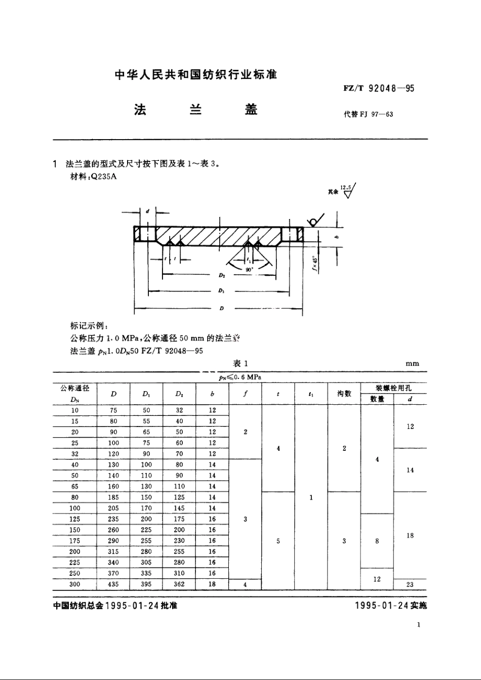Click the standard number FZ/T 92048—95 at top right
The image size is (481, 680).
click(x=379, y=89)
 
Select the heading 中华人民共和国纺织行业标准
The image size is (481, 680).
click(x=196, y=75)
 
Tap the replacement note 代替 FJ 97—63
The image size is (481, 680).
click(x=368, y=114)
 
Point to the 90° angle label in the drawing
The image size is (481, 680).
click(x=249, y=270)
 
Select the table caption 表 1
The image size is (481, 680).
click(x=240, y=363)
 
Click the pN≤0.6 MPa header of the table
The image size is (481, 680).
click(x=240, y=377)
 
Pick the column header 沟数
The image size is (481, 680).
click(x=344, y=394)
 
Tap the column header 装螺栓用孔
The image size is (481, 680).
click(x=393, y=388)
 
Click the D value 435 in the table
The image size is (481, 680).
click(x=113, y=584)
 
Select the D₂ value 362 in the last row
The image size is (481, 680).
click(x=179, y=584)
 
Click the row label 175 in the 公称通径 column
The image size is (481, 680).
click(x=75, y=540)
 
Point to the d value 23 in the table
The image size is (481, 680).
click(x=410, y=584)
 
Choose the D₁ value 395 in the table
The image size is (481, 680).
click(x=146, y=584)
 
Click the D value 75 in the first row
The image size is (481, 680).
click(x=113, y=410)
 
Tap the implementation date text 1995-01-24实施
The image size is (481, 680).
click(x=391, y=606)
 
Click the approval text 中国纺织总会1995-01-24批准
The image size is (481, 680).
click(x=115, y=606)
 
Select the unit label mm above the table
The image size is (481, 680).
click(x=412, y=364)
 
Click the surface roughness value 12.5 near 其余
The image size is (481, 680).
click(x=346, y=188)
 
